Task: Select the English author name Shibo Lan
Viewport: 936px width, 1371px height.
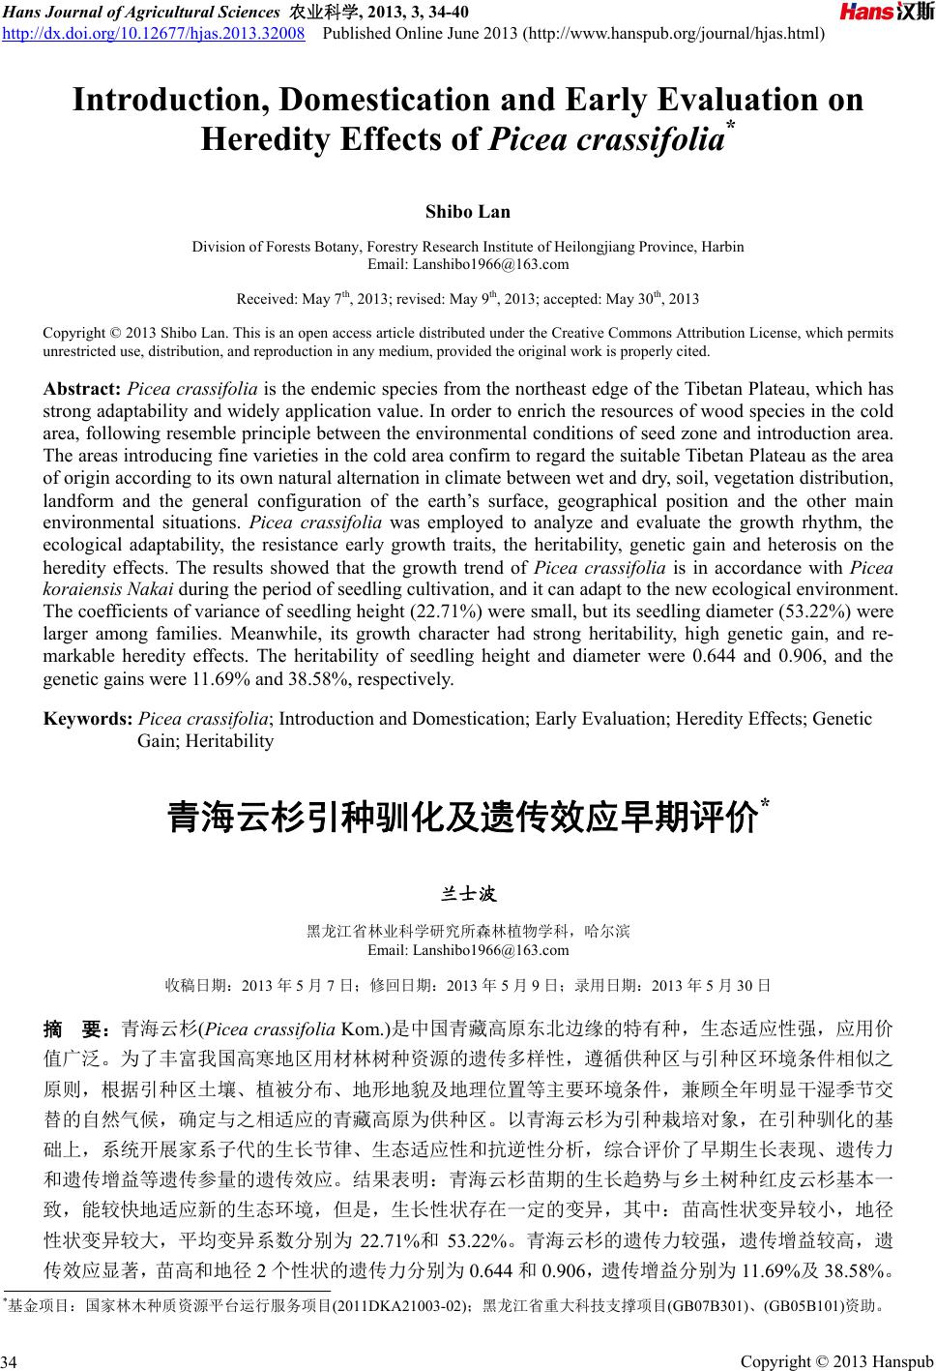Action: tap(468, 212)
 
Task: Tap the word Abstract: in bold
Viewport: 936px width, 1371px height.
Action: tap(82, 390)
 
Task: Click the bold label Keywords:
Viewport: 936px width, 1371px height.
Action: tap(89, 719)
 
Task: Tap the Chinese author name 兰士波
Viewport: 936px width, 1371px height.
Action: tap(468, 892)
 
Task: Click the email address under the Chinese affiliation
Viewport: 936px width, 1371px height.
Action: tap(468, 950)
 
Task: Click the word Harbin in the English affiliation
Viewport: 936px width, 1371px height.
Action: tap(722, 247)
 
